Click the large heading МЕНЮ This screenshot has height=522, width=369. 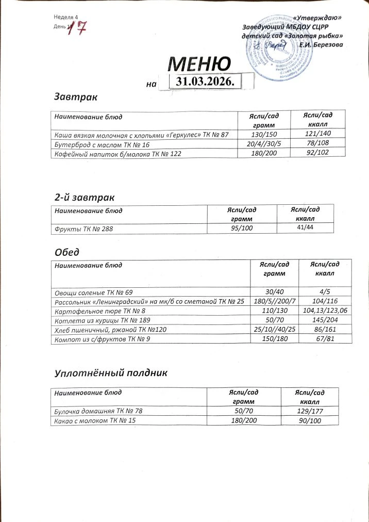199,64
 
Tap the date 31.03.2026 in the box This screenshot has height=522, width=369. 206,81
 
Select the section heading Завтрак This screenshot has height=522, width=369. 76,96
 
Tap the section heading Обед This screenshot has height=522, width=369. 66,252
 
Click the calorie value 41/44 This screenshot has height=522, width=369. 306,227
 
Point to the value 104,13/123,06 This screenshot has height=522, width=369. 325,311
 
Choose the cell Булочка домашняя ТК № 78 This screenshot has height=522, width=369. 98,411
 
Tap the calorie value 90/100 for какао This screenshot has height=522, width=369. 310,421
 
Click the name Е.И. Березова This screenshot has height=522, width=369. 321,45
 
